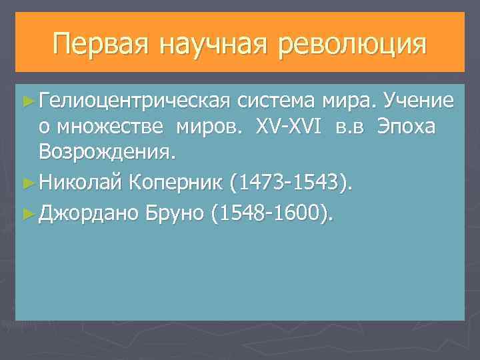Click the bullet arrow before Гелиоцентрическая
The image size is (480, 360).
(27, 101)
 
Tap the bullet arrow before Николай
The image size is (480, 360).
(27, 181)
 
